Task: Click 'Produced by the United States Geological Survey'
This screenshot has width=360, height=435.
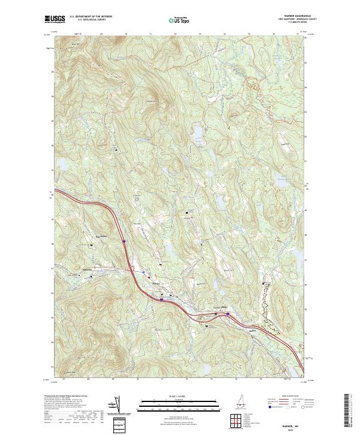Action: point(63,396)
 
